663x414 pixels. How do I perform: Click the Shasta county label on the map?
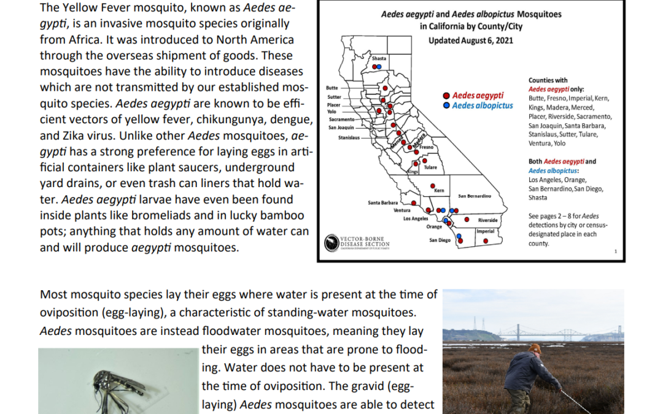click(x=379, y=58)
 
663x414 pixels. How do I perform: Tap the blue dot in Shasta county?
click(x=379, y=67)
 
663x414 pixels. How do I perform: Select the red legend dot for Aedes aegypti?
click(x=446, y=96)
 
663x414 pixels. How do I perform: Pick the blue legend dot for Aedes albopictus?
click(x=446, y=105)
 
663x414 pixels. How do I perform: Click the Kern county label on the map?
click(x=440, y=191)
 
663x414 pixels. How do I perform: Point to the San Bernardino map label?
click(x=475, y=196)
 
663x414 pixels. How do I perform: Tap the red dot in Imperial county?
click(x=486, y=241)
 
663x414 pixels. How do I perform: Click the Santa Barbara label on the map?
click(x=382, y=203)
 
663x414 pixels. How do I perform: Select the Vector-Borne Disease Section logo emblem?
click(x=331, y=243)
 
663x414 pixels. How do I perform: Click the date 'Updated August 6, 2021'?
click(x=471, y=40)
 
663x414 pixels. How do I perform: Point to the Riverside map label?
click(x=487, y=220)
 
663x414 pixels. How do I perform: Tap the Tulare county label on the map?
click(x=430, y=167)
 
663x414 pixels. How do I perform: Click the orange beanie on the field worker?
click(x=535, y=348)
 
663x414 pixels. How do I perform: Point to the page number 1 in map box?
click(x=616, y=251)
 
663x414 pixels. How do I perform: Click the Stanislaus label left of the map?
click(x=349, y=138)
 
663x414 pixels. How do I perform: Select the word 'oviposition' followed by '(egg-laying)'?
click(x=69, y=313)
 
